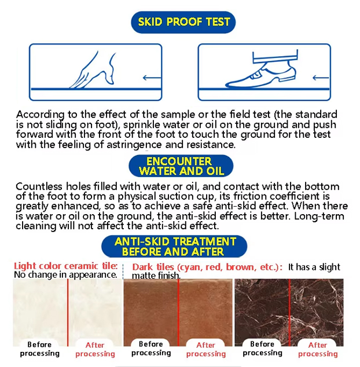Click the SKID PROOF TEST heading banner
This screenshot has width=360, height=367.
coord(183,22)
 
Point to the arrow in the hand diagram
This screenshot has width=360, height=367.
coord(152,78)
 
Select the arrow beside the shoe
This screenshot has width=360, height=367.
coord(321,78)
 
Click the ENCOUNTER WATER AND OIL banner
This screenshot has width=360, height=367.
coord(181,166)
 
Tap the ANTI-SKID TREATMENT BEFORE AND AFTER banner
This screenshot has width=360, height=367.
coord(174,247)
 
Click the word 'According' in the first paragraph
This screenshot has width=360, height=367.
coord(40,115)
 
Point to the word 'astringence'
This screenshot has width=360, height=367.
coord(134,145)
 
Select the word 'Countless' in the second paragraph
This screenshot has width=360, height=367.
coord(39,186)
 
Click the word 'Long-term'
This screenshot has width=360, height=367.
coord(319,216)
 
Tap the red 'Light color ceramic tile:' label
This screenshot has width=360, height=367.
coord(66,266)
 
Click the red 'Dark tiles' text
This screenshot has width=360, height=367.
coord(153,267)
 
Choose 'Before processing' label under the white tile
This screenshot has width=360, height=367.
coord(39,348)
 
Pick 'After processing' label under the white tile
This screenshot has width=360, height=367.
coord(95,349)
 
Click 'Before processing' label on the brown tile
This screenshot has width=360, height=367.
coord(151,348)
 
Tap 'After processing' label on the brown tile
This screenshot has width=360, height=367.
coord(206,349)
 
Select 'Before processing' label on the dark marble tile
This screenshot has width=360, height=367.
coord(262,348)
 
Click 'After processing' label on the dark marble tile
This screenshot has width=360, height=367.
coord(318,349)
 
